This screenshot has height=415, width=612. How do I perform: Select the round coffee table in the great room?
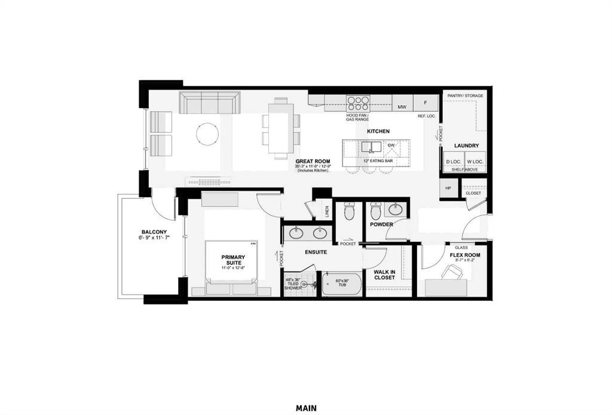[208, 134]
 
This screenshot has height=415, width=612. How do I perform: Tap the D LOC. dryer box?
[453, 162]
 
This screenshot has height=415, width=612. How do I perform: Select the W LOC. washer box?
[475, 162]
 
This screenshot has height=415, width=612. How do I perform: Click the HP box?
[448, 189]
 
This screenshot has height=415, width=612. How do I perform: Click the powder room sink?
[396, 209]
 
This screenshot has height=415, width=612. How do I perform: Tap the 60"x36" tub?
[342, 284]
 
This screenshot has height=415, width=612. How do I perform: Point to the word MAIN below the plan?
[306, 408]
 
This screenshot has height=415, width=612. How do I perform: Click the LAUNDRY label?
[466, 146]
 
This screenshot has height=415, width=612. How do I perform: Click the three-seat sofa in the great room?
[209, 103]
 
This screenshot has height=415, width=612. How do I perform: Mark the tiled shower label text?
[293, 284]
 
